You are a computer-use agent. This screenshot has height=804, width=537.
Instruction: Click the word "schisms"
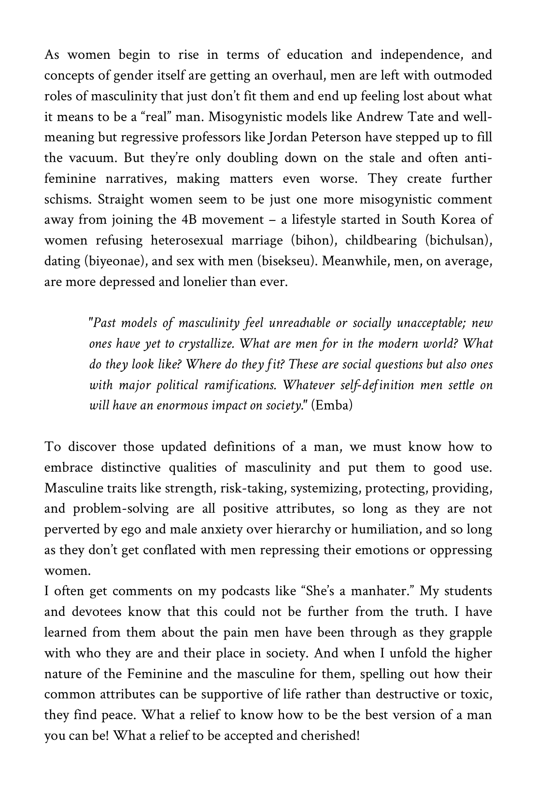tap(66, 200)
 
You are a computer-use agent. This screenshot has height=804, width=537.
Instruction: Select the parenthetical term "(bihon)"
tap(314, 241)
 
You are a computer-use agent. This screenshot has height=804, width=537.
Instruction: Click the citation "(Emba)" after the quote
tap(332, 406)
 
